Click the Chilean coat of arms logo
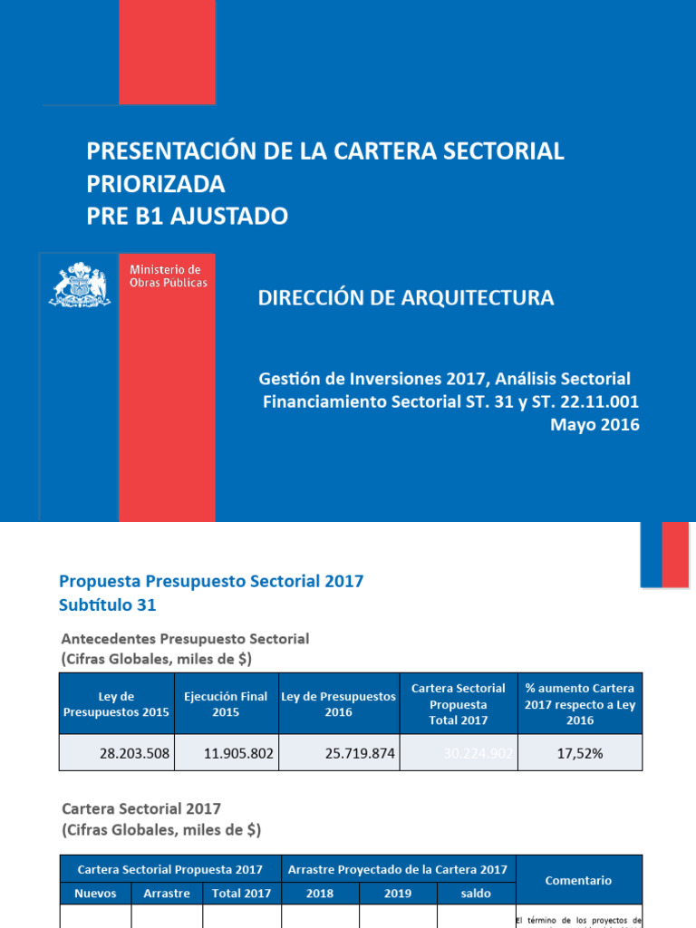(x=80, y=285)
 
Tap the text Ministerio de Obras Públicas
(x=169, y=276)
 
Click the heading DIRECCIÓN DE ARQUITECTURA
(x=406, y=297)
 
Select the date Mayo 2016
(x=594, y=424)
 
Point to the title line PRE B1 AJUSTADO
(x=188, y=216)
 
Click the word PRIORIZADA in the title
(x=156, y=184)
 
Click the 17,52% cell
(x=579, y=753)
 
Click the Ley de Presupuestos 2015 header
(x=117, y=704)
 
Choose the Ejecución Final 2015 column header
(x=226, y=704)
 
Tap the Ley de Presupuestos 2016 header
(x=338, y=704)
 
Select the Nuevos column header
(x=95, y=894)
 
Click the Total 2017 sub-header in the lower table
(x=241, y=894)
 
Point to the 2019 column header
(x=398, y=894)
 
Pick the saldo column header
(x=476, y=894)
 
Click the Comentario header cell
(x=578, y=880)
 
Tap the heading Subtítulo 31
(x=114, y=604)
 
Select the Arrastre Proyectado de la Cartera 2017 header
(x=397, y=869)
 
